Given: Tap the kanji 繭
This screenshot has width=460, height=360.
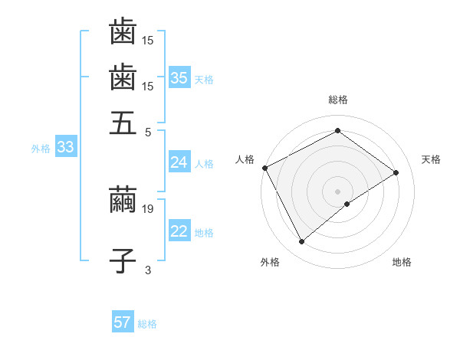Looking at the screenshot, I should coord(123,199).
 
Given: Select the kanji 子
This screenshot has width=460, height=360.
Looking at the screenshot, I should coord(123,260).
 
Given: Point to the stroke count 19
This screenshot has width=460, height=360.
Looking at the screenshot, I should coord(149,208).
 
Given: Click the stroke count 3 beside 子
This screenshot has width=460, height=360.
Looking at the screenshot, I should coord(148,269).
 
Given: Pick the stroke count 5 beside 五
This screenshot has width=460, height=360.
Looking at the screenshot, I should coord(148,131).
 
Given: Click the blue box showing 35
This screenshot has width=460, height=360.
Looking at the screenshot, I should coord(179,78).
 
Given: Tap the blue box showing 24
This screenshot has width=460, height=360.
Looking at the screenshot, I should coord(179,162).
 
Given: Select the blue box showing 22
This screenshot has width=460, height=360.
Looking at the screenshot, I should coord(179,232).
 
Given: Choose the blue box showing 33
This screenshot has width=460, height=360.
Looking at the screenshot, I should coord(65,148).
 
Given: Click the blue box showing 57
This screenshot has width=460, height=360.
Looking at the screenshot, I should coord(123,322).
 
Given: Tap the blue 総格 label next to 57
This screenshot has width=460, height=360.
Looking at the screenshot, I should coord(147,324).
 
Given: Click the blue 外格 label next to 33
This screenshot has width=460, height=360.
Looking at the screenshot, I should coord(41,149).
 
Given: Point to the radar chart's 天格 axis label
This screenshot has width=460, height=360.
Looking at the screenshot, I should coord(431,159).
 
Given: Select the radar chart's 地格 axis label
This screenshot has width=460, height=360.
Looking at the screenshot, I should coord(402,262).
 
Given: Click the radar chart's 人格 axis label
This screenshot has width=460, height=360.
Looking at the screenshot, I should coord(245,159).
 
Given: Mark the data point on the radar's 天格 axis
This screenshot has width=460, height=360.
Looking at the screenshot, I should coord(396,172).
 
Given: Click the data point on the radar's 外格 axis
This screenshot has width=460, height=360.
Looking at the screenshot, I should coord(301,242).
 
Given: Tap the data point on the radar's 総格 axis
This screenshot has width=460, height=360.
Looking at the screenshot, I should coord(337,131).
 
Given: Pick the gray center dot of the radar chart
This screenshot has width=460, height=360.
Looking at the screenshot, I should coord(337,191).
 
